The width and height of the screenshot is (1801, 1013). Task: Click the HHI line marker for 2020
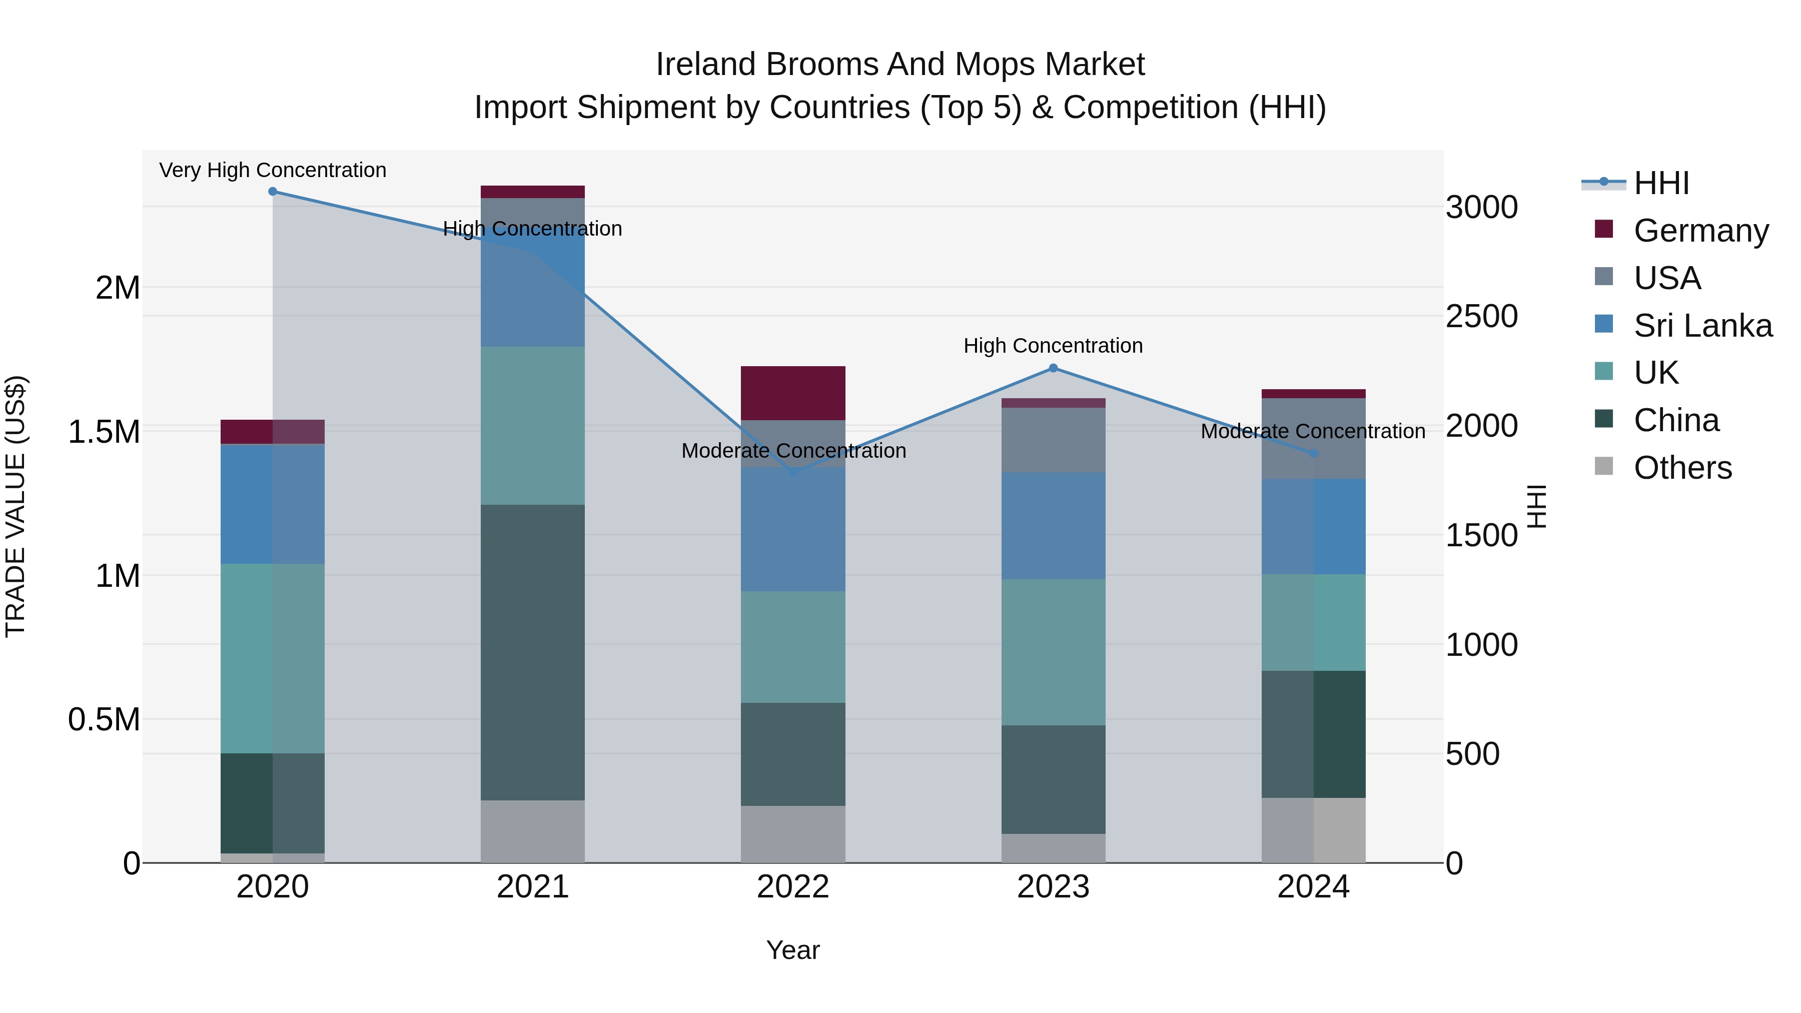click(273, 192)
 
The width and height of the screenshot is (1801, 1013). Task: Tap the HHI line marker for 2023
click(1053, 368)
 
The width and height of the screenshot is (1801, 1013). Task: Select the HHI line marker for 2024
click(1313, 454)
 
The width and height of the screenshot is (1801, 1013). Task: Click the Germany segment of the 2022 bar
click(793, 393)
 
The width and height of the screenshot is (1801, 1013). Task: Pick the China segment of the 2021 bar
click(533, 652)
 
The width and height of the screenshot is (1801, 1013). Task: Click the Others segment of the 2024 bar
click(1313, 830)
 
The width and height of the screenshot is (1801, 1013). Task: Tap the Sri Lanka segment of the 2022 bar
click(793, 529)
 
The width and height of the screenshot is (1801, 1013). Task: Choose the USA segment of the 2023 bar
click(1053, 440)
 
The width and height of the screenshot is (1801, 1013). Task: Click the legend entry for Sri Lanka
click(1702, 326)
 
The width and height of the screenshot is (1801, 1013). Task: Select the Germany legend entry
click(1700, 231)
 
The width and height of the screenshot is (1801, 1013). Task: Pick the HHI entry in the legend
click(1660, 183)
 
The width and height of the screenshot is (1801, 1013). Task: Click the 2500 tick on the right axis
click(1481, 316)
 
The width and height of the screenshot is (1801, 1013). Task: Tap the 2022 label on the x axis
click(793, 887)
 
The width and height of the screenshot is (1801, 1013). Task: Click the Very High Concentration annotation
click(273, 170)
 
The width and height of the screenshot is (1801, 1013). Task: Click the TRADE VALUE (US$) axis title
click(16, 506)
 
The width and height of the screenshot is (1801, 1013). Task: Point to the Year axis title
click(793, 950)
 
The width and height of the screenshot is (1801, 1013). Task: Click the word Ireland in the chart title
click(705, 65)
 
